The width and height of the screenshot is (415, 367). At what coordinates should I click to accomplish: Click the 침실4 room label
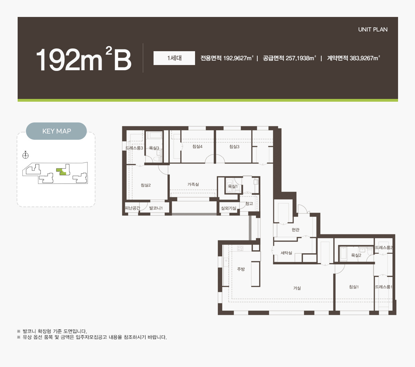click(x=197, y=147)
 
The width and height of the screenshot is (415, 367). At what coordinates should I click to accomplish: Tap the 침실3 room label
click(x=234, y=147)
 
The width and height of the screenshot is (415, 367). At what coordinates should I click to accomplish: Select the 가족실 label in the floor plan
click(x=193, y=184)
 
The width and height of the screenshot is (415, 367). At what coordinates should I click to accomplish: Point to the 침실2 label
click(x=146, y=185)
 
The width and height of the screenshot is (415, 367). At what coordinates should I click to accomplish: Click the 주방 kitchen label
click(x=241, y=269)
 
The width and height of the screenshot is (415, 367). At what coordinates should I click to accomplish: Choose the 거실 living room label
click(x=297, y=288)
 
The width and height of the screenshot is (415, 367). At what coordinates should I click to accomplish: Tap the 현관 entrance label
click(x=295, y=230)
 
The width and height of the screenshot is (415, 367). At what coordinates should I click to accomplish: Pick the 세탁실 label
click(x=286, y=253)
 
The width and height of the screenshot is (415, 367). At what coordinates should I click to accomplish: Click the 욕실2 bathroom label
click(x=356, y=255)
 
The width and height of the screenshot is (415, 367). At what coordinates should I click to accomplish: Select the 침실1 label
click(x=354, y=287)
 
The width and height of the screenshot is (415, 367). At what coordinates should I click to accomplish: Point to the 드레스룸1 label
click(x=384, y=287)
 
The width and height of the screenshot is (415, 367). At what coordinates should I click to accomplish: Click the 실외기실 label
click(x=228, y=208)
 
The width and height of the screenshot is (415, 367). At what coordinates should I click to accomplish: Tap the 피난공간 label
click(x=132, y=208)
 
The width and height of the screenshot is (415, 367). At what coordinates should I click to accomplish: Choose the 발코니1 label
click(x=156, y=208)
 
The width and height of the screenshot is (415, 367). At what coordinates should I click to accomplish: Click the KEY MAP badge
click(x=56, y=131)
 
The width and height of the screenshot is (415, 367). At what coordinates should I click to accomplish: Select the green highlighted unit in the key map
click(x=62, y=172)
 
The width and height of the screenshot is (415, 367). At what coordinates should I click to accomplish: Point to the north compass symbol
click(x=25, y=156)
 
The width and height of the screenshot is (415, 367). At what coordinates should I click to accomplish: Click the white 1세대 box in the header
click(x=174, y=58)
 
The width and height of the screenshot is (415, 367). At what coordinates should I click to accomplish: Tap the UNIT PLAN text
click(x=373, y=29)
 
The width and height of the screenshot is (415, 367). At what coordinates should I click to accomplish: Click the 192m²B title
click(x=84, y=59)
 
